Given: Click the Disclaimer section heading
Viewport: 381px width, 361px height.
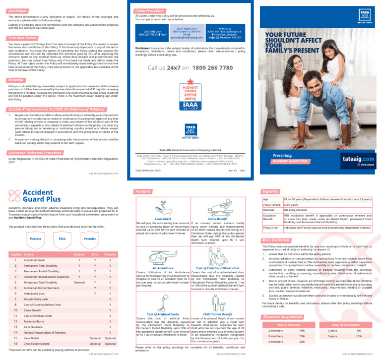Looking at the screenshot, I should pos(18,10).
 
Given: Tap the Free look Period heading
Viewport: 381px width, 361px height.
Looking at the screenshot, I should pos(23,38).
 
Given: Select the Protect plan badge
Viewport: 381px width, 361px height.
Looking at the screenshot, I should pos(35,239).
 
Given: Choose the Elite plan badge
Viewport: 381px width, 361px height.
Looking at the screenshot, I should pos(62,239).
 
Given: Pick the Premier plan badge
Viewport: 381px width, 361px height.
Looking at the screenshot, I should pos(89,239).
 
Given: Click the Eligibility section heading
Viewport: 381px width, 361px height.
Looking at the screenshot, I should pos(273,191).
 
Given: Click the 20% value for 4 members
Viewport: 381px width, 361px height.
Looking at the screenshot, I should pos(302,342).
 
